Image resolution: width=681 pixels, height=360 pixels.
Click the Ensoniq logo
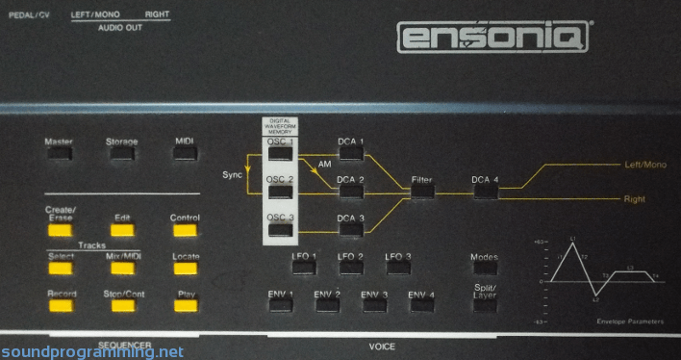point(493,38)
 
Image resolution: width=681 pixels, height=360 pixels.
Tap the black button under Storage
point(121,158)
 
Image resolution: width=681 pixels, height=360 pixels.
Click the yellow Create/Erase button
point(60,229)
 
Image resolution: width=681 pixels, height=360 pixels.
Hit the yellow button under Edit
point(122,230)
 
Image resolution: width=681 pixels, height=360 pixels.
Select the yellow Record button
point(60,306)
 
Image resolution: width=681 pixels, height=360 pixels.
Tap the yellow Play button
point(185,306)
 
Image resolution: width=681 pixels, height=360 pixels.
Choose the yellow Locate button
point(185,269)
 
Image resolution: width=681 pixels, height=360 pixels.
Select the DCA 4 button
point(485,191)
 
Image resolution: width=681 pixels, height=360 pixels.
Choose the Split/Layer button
point(485,304)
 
